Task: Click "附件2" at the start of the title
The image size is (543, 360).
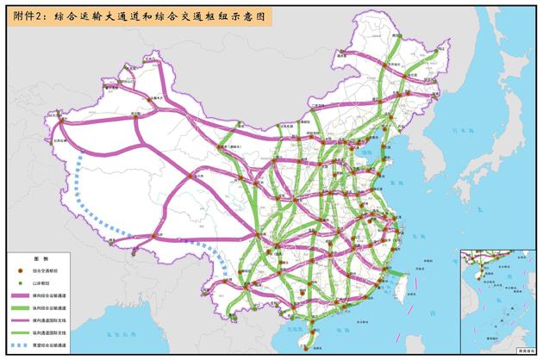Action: (23, 16)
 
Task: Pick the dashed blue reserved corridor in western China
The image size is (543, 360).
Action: (95, 198)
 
